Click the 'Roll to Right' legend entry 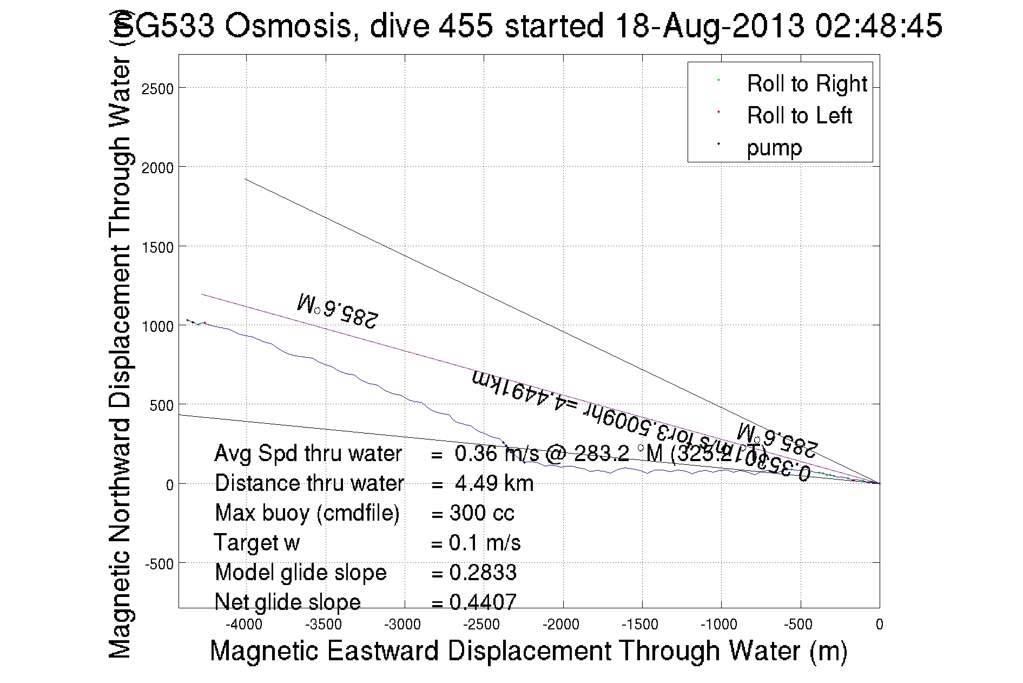807,84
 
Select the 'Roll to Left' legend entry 799,116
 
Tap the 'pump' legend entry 774,148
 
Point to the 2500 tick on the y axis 157,89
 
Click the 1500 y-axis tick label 157,247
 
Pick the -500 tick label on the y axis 159,564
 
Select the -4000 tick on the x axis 246,625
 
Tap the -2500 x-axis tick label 481,625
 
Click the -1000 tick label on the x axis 719,625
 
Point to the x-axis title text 528,651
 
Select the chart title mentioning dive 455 528,25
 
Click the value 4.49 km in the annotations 494,483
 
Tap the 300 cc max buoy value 481,513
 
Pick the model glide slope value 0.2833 483,573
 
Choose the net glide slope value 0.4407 483,602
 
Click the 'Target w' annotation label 256,543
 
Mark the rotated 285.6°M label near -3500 338,311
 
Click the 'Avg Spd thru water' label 308,454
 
